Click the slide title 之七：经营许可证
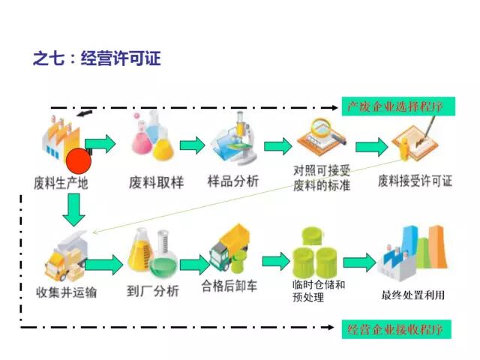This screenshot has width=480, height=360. coord(97,58)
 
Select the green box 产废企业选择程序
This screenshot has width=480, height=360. coord(395,106)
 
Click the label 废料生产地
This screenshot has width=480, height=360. coord(61,182)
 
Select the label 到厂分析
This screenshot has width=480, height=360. coord(154,291)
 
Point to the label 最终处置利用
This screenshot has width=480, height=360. coord(413,295)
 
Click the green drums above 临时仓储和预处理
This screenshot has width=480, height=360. coord(316,253)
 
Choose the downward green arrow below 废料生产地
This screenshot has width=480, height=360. coord(73,210)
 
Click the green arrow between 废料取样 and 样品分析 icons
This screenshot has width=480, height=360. coord(193,145)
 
